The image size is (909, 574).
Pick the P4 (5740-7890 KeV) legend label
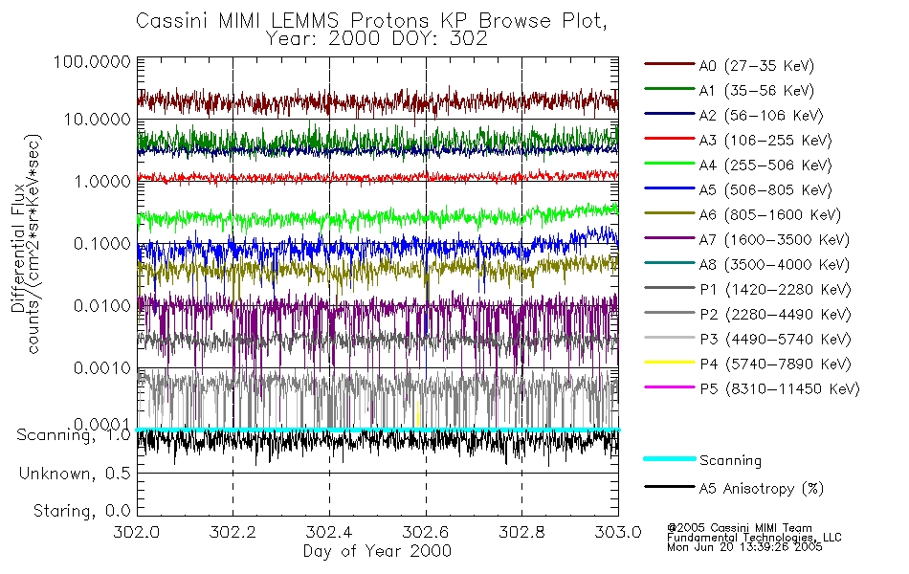772,364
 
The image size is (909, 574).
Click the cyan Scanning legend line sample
669,460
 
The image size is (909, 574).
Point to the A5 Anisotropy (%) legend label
761,489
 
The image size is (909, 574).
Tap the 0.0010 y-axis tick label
100,367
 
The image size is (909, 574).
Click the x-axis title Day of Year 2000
377,551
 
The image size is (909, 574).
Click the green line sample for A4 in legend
669,166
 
